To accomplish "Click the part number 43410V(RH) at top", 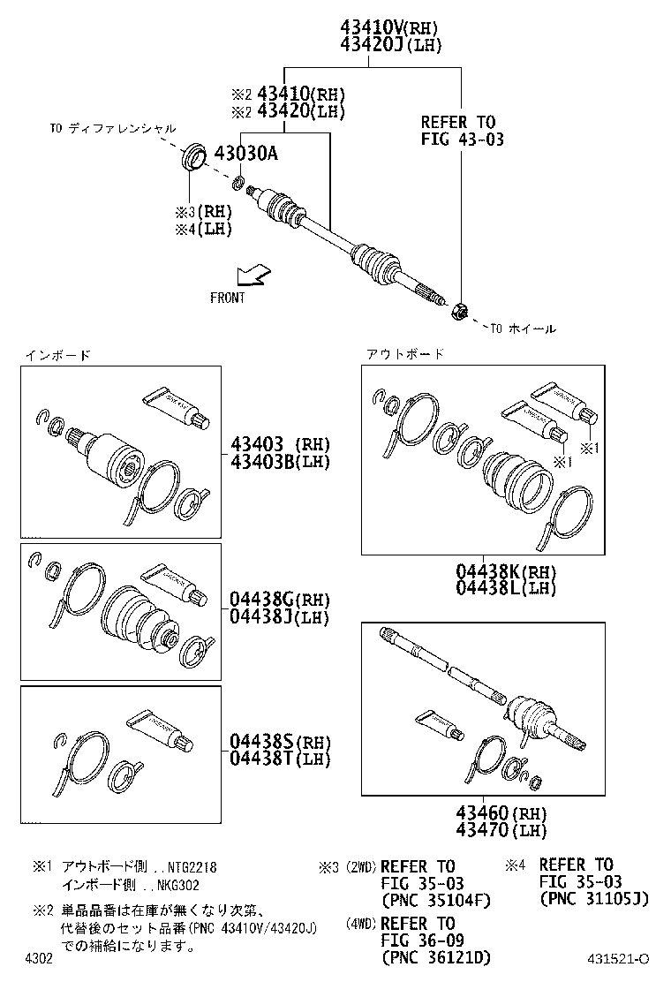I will [x=388, y=28].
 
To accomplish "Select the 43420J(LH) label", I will [x=388, y=44].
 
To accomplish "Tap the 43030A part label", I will [x=245, y=153].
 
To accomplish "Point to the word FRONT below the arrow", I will [x=228, y=298].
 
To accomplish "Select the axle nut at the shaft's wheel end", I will [x=459, y=310].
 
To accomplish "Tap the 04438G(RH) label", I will [x=268, y=601].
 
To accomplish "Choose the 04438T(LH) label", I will [x=268, y=758].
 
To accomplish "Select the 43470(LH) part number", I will [x=501, y=830].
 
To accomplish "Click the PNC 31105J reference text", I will [x=593, y=899].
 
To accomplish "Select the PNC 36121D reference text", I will [x=435, y=957].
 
